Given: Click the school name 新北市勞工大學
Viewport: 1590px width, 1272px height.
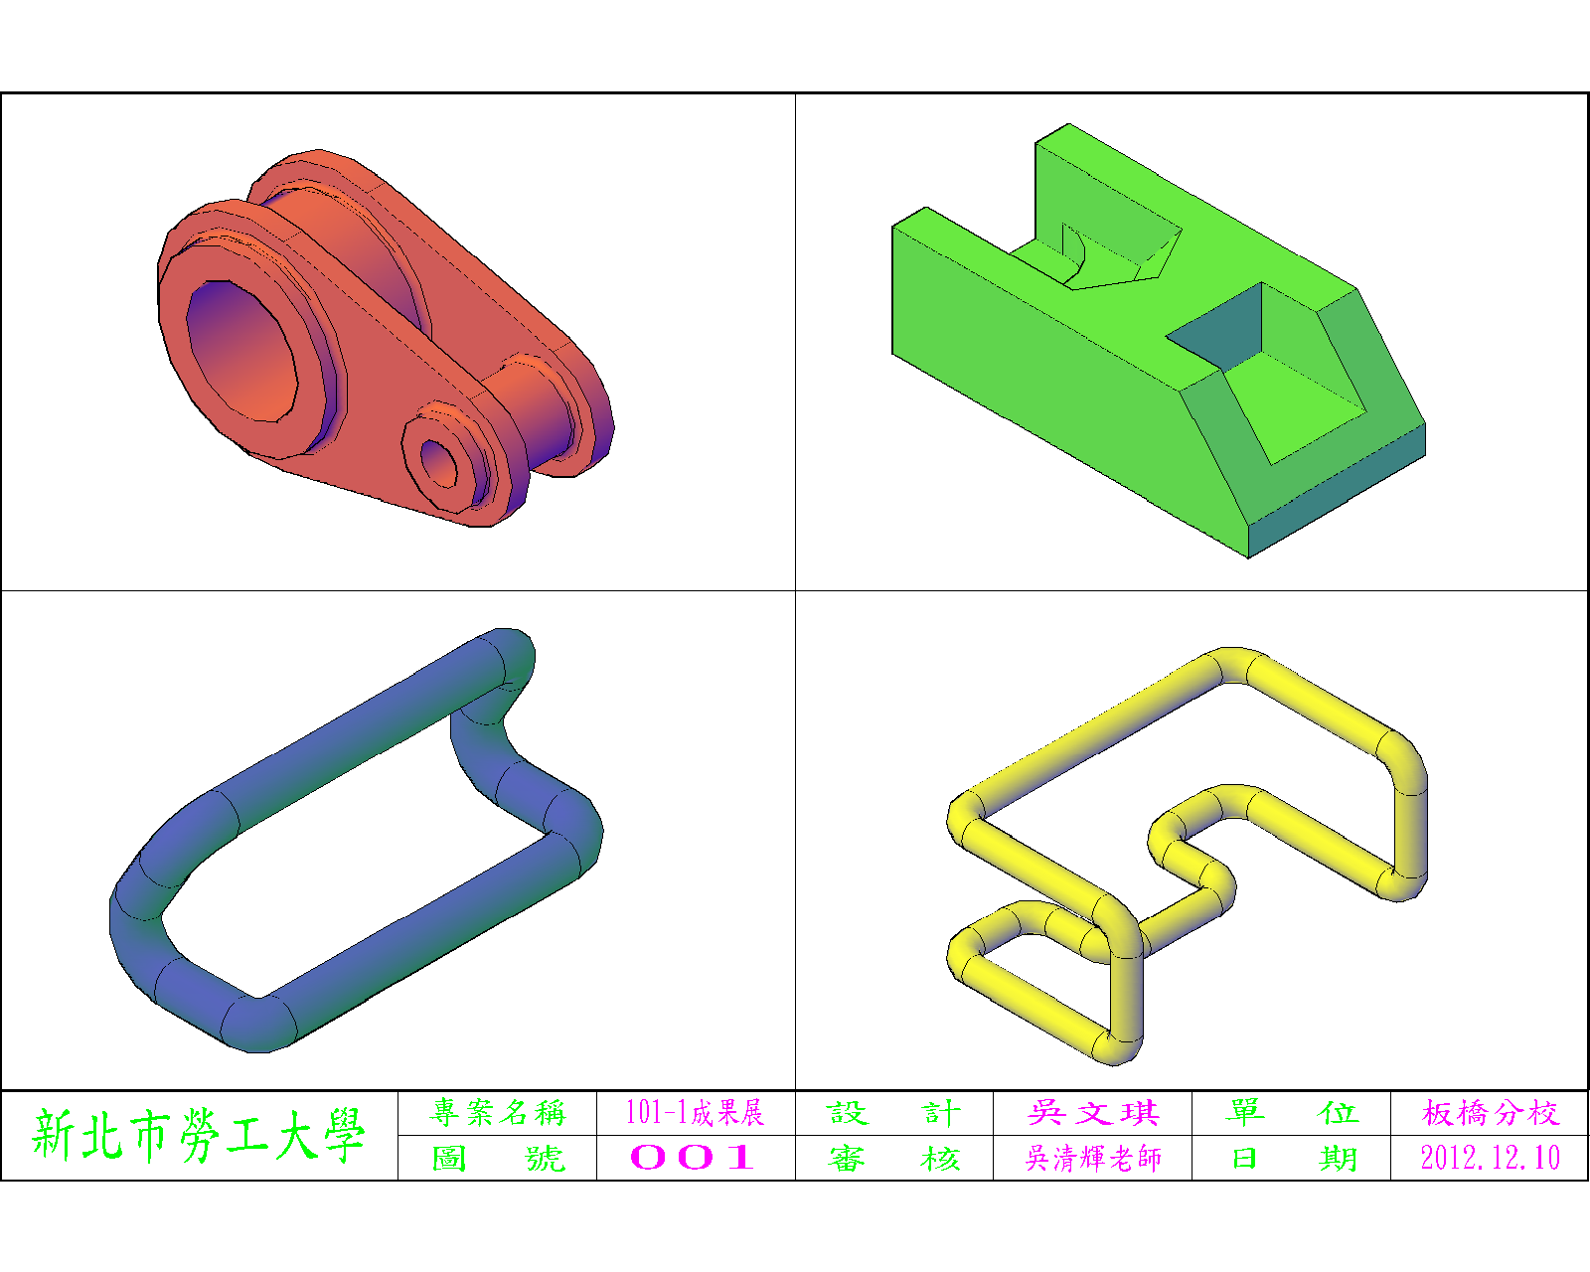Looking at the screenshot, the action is (198, 1135).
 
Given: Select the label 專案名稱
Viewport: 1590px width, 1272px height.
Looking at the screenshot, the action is (497, 1113).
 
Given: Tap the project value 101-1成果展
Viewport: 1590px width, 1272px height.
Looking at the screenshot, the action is (696, 1113).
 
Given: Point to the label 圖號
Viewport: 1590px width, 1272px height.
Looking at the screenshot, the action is (498, 1158).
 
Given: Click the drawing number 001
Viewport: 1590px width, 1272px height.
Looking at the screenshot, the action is (693, 1158).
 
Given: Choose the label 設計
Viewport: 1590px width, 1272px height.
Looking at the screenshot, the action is (893, 1113).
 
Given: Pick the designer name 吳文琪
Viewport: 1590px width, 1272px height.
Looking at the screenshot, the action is (1093, 1113).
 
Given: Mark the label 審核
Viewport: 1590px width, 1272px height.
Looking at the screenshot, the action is (893, 1158).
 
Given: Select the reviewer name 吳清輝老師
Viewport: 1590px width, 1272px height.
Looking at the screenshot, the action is (1093, 1158).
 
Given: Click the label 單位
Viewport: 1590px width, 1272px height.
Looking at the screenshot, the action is (1291, 1113).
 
